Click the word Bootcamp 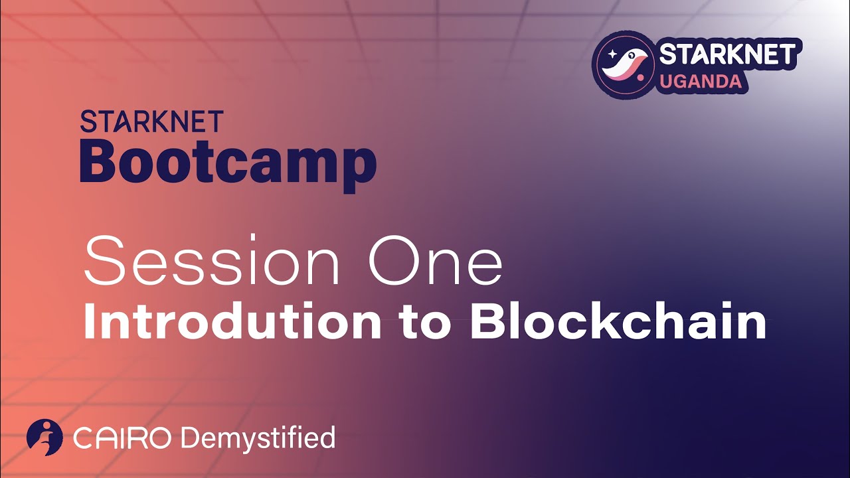[x=228, y=163]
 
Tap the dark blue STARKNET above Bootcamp [x=151, y=121]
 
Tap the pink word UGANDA [x=700, y=82]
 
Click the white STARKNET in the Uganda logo [x=726, y=54]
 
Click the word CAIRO [x=123, y=438]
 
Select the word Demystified [x=258, y=438]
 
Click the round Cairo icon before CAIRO [x=44, y=438]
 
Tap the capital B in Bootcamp [x=99, y=163]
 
